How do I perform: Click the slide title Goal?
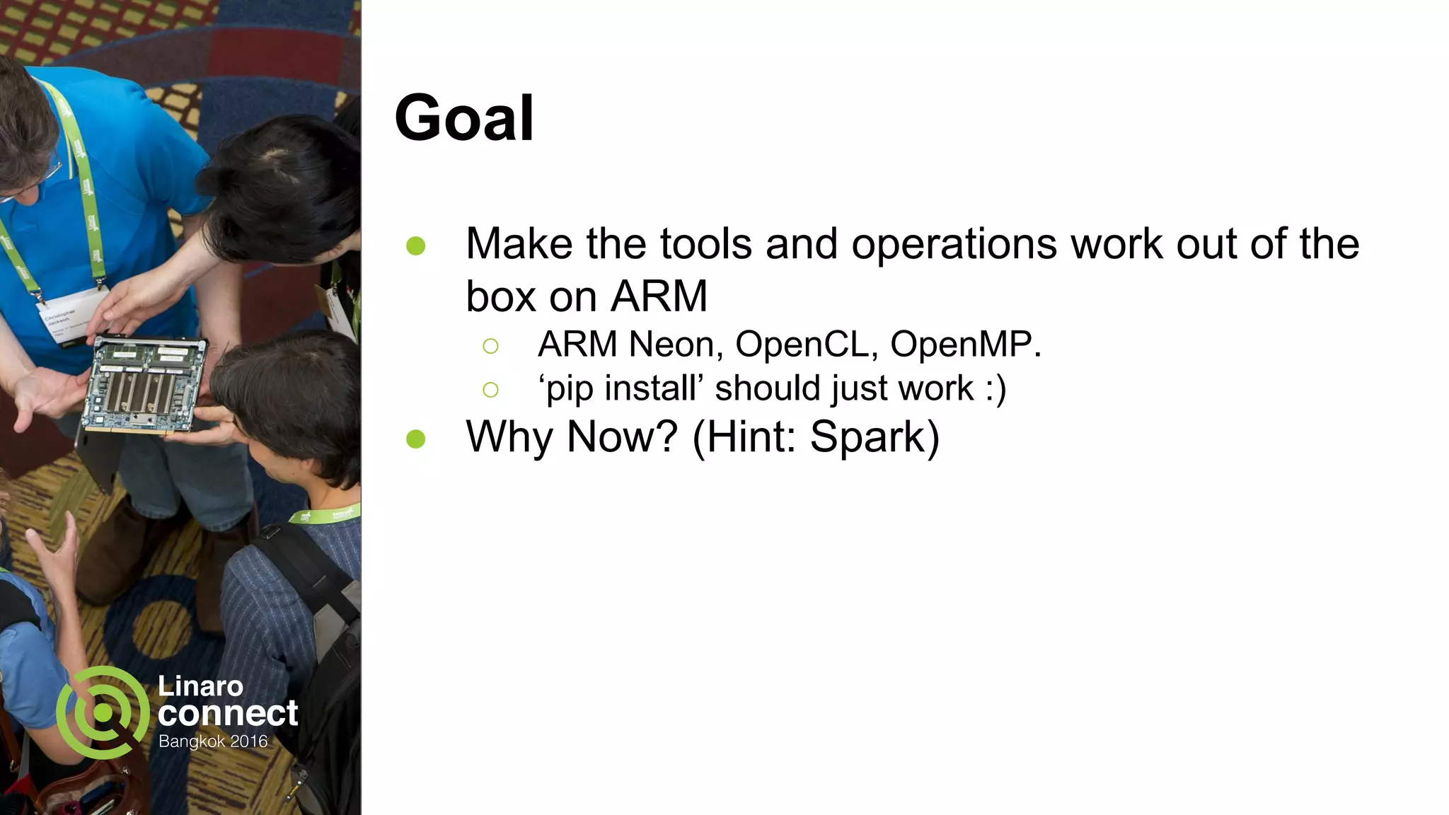tap(464, 119)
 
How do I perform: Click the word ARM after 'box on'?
tap(659, 296)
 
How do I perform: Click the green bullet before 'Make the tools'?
tap(416, 246)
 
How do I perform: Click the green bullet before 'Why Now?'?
tap(416, 439)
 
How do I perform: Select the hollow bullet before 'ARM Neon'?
tap(490, 346)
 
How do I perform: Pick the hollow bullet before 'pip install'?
tap(490, 390)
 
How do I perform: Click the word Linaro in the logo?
tap(200, 686)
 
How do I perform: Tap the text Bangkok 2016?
tap(213, 741)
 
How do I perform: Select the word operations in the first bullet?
tap(955, 244)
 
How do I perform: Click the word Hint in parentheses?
tap(750, 437)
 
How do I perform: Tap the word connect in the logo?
tap(228, 713)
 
